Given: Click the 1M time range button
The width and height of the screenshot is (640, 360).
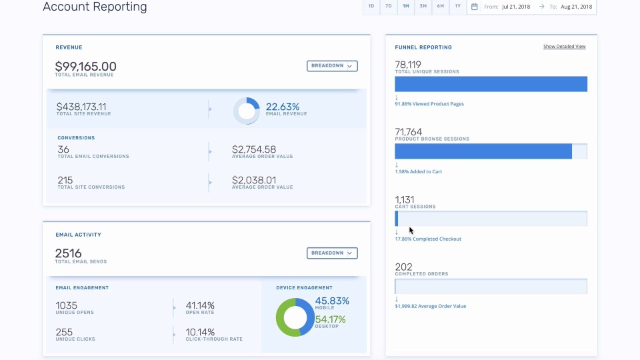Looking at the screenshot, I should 405,7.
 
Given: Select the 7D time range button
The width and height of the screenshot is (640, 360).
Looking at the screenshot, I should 388,7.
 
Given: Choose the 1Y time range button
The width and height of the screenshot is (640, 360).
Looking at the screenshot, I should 457,7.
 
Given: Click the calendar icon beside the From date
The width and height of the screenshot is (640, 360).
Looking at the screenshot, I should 475,7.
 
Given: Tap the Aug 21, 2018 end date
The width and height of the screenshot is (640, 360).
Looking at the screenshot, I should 577,7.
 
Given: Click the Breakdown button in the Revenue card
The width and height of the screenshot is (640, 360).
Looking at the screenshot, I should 332,66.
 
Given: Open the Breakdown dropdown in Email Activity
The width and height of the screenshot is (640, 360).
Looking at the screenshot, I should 332,253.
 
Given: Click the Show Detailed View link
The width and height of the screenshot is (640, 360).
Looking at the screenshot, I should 564,47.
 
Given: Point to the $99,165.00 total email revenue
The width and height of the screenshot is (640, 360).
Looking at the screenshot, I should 85,67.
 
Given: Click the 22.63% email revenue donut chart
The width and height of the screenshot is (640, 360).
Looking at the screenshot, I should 246,111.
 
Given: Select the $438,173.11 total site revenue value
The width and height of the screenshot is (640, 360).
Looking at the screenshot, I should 81,107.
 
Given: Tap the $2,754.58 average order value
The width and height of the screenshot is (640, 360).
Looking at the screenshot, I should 254,149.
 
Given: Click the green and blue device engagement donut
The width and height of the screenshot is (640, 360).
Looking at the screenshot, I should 294,317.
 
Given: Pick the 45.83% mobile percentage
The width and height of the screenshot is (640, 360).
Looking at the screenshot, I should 332,301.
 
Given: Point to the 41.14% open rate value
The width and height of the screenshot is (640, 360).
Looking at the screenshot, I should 200,305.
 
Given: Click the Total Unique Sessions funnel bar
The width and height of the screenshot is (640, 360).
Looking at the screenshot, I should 491,84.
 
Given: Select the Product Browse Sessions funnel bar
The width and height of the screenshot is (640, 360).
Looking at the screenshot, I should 483,151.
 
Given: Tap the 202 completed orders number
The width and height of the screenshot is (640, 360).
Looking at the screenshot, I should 403,267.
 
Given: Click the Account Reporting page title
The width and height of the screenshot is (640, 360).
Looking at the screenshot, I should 95,7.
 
